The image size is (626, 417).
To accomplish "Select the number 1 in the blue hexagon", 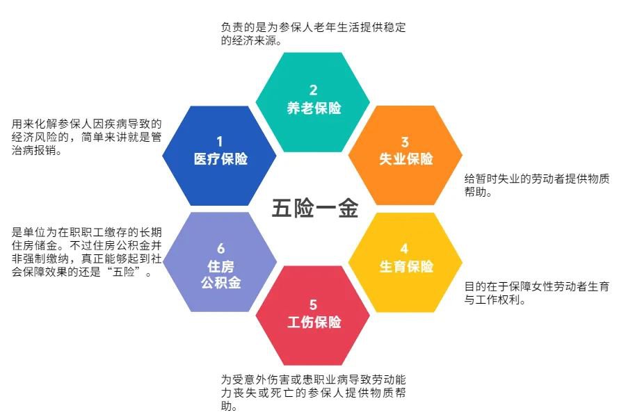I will (x=220, y=141).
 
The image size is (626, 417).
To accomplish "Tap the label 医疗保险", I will (x=220, y=158).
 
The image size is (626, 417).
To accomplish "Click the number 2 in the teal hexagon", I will (x=314, y=90).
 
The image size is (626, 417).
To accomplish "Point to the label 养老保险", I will (x=314, y=108).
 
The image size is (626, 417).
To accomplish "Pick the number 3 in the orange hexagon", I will (x=406, y=141).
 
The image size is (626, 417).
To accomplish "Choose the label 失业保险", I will (x=406, y=158).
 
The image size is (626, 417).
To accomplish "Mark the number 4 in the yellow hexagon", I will (x=406, y=249).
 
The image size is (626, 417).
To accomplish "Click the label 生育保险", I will (x=406, y=267).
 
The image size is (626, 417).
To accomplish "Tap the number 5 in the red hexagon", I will (x=314, y=304).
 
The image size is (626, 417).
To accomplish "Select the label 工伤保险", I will (x=314, y=322).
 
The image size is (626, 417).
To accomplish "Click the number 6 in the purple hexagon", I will (x=220, y=249).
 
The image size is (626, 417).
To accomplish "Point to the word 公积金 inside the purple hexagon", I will (x=220, y=284).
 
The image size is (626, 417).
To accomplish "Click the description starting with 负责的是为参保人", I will (x=313, y=34).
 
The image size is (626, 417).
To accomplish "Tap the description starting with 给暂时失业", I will (x=537, y=185).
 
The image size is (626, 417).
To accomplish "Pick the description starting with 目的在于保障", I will (x=537, y=293).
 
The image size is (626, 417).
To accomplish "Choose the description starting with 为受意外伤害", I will (x=313, y=393).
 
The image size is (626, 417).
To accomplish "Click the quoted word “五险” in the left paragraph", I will (x=127, y=271).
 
